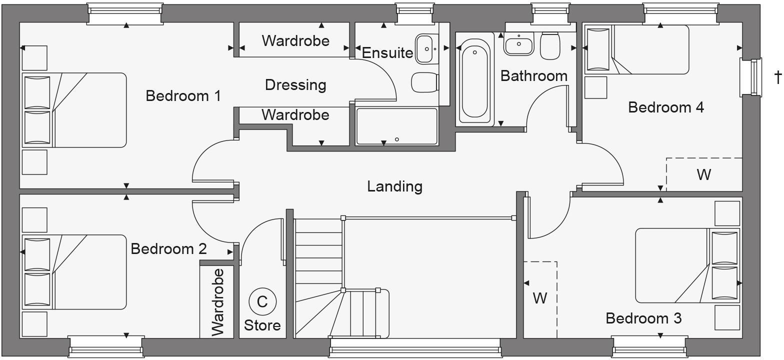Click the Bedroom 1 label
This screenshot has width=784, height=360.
[183, 95]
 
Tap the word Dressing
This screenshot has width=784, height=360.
[295, 85]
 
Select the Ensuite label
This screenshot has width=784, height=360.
[387, 52]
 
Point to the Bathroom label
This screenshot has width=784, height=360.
[534, 76]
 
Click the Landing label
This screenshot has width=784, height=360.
[394, 186]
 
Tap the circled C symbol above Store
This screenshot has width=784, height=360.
[262, 301]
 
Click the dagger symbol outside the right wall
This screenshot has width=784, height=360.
[777, 77]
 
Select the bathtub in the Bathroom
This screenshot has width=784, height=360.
[474, 80]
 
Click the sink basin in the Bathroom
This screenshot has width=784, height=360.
[519, 45]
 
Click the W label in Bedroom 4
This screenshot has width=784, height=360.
[703, 175]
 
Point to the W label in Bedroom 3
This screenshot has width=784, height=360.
[539, 298]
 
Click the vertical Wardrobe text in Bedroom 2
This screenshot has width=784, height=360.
[217, 302]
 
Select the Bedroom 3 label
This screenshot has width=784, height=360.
[643, 318]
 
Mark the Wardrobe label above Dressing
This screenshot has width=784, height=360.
[295, 40]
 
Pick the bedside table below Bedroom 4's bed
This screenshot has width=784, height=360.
[595, 87]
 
